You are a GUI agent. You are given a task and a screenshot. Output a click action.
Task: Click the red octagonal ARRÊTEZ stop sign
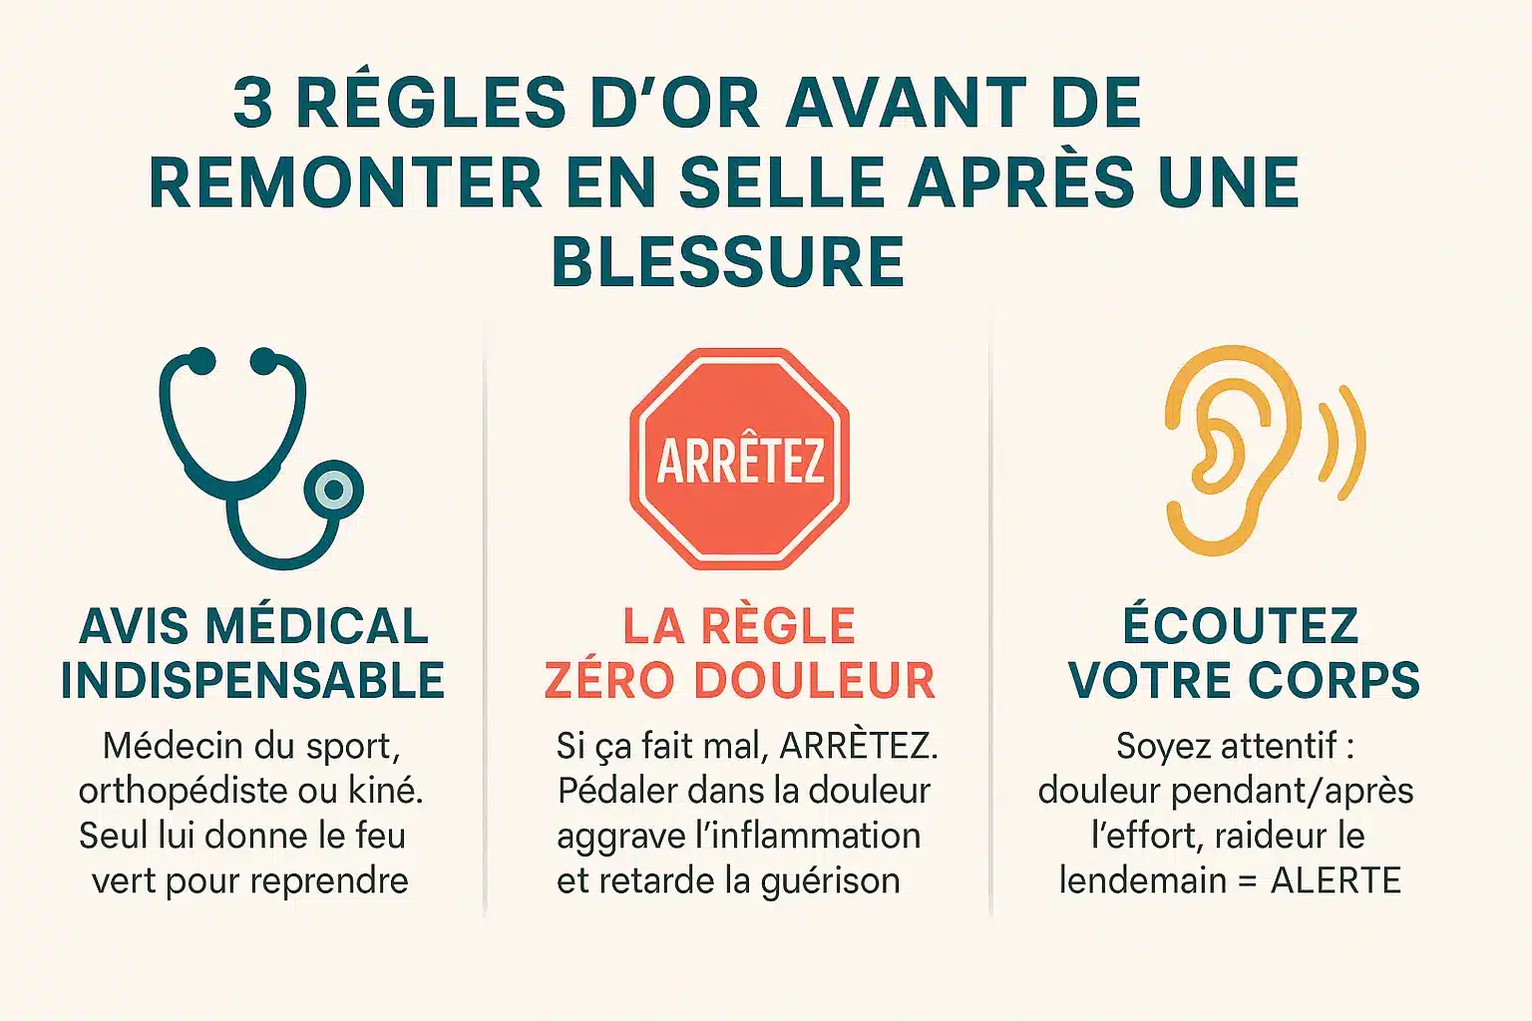coord(739,459)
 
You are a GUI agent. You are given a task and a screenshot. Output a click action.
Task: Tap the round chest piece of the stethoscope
coord(334,490)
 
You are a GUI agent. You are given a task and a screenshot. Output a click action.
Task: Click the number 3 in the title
coord(253,103)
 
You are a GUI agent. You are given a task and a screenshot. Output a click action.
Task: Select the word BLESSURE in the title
coord(728,261)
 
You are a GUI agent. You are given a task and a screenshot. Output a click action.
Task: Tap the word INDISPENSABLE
coord(253,680)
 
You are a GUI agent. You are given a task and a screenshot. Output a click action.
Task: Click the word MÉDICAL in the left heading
coord(316,625)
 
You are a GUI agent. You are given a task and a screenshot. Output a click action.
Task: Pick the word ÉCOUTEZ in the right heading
coord(1241,623)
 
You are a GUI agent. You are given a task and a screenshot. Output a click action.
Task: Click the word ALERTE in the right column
coord(1336,880)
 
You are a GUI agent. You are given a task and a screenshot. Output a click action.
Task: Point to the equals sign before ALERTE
coord(1248,881)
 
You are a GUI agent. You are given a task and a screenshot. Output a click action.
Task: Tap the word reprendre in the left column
coord(329,882)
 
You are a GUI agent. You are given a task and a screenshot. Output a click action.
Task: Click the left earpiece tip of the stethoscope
coord(200,361)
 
